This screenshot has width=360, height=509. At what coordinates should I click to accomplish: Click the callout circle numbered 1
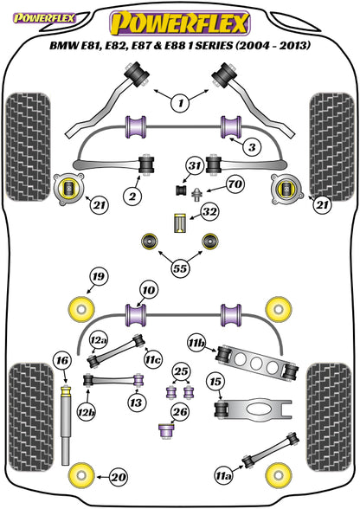[x=181, y=103]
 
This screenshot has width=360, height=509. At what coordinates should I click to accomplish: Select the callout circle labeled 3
[x=252, y=147]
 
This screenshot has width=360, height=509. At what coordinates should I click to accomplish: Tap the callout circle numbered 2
[x=132, y=196]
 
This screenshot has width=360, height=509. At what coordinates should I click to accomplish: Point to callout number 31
[x=195, y=165]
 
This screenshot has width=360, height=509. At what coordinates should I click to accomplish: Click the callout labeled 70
[x=235, y=184]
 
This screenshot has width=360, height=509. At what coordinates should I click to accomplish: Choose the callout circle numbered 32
[x=209, y=211]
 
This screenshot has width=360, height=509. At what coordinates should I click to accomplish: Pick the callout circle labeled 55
[x=181, y=268]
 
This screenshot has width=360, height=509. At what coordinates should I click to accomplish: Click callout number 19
[x=99, y=276]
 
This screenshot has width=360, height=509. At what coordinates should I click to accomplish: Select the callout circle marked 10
[x=149, y=289]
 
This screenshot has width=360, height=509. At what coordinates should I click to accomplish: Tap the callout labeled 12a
[x=99, y=340]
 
